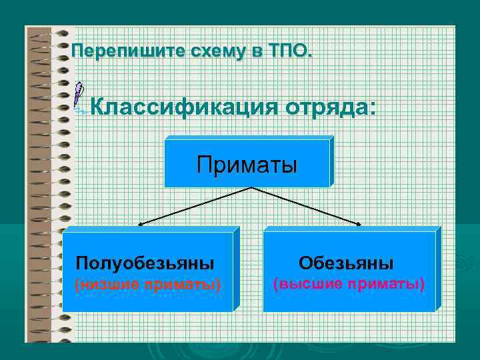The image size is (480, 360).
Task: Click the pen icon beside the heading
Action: pos(79,97)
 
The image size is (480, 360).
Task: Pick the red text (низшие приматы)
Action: pos(147,285)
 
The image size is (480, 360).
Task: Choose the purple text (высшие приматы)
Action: pos(349,284)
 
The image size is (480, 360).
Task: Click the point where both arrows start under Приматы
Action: pos(250,188)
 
